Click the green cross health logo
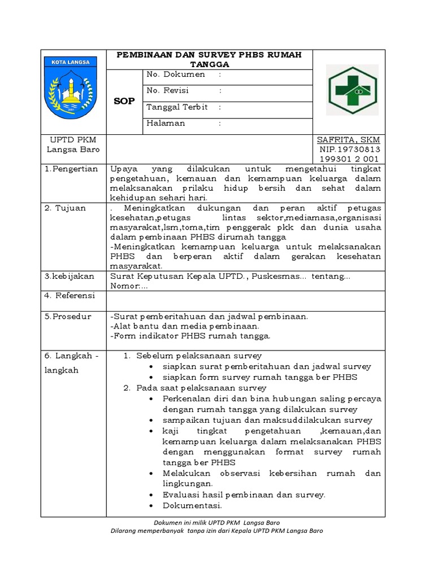click(352, 90)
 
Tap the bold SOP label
click(124, 101)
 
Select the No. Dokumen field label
click(168, 74)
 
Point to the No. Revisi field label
click(168, 90)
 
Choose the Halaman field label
click(166, 123)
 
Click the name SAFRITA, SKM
click(348, 139)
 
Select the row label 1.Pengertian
click(71, 169)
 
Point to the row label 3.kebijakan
click(68, 276)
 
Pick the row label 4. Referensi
click(70, 296)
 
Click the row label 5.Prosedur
click(68, 317)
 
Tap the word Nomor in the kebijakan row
click(124, 286)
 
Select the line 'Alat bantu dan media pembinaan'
click(185, 326)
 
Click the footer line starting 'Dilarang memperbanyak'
click(216, 531)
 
